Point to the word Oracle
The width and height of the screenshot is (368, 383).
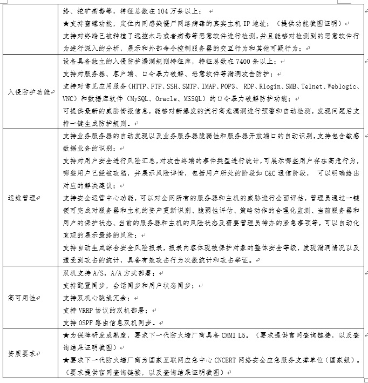165,99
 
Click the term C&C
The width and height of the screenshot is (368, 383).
263,173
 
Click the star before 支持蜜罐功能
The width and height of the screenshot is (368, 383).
66,24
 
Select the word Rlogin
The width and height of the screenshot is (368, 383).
270,86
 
